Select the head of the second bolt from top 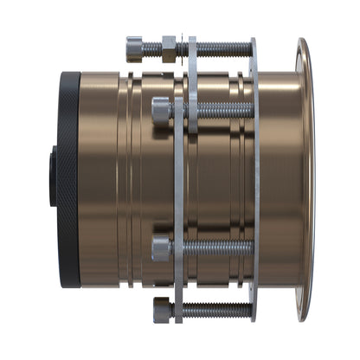click(161, 110)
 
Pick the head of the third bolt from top click(161, 249)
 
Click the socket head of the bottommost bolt click(161, 309)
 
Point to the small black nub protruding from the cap click(51, 168)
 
